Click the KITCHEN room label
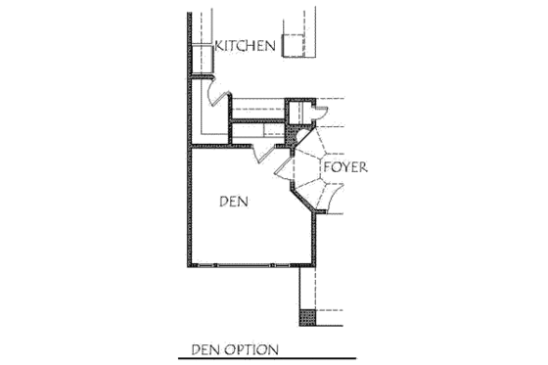point(245,46)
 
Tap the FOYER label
point(346,167)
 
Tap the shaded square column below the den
point(307,319)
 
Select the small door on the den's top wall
point(261,154)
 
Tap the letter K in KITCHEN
point(219,46)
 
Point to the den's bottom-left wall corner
point(189,265)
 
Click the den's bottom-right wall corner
point(313,265)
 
